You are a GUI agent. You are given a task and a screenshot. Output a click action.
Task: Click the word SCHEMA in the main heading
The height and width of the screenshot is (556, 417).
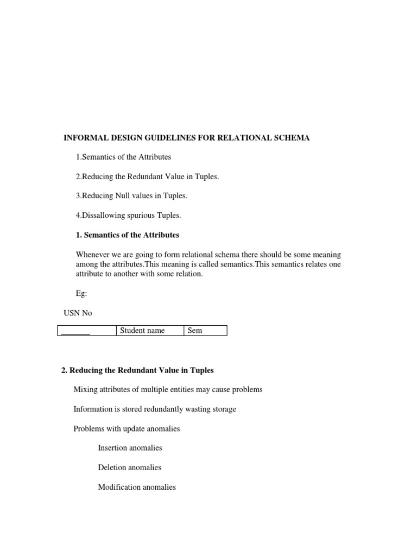point(292,138)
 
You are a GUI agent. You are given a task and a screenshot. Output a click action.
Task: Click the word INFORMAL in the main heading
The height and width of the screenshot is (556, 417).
point(84,138)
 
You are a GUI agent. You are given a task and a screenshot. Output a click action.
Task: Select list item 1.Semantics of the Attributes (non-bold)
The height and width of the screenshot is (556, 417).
point(123,157)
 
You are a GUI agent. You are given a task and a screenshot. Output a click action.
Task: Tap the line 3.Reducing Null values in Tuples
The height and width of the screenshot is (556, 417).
point(131,196)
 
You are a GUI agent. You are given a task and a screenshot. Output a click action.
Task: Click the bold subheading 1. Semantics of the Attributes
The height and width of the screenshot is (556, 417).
point(128,235)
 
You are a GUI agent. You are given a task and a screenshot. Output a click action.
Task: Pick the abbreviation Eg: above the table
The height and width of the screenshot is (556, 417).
point(81,293)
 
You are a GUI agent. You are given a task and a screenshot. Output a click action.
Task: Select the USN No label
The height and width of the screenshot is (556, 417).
point(78,313)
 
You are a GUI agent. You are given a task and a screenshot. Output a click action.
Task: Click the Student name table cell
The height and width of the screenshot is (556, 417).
point(142,331)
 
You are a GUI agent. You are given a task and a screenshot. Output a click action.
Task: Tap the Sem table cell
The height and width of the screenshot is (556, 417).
point(194,331)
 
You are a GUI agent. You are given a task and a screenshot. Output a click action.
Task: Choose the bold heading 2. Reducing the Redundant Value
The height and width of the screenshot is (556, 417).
point(138,370)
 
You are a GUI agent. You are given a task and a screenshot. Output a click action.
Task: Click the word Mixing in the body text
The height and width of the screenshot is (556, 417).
point(85,390)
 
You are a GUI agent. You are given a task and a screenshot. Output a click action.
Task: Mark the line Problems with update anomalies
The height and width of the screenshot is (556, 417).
point(127,428)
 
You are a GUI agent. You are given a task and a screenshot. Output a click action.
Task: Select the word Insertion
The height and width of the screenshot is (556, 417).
point(113,448)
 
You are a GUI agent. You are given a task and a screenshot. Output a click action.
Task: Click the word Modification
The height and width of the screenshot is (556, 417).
point(119,487)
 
